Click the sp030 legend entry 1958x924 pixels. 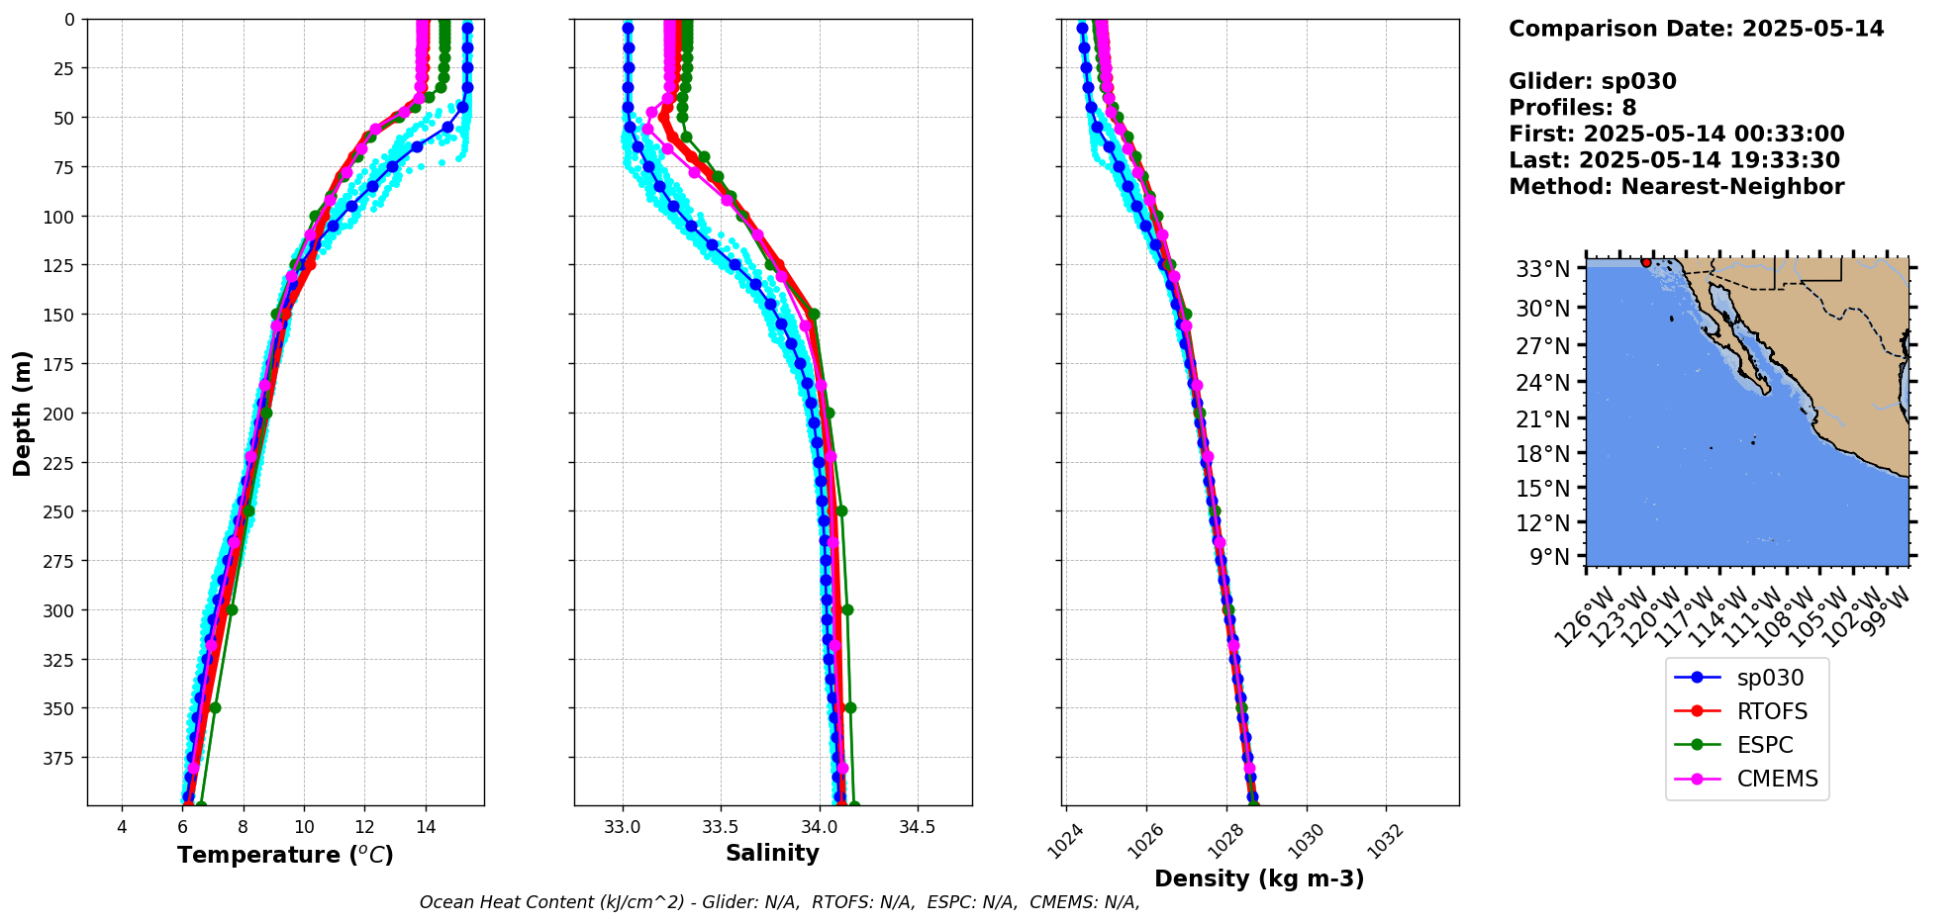(x=1769, y=678)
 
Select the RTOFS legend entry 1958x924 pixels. (x=1771, y=711)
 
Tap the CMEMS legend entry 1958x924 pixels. (x=1777, y=779)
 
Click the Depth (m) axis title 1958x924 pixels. (x=22, y=413)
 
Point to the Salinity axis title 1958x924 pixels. (x=772, y=854)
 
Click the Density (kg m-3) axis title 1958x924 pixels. (x=1259, y=878)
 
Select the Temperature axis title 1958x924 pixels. (x=285, y=855)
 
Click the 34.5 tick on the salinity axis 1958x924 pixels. (x=917, y=827)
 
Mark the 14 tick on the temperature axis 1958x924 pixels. (x=426, y=827)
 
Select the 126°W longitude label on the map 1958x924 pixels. (x=1579, y=619)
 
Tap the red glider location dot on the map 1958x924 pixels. (x=1646, y=262)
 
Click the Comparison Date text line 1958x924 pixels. (x=1696, y=29)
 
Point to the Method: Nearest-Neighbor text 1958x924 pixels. (x=1676, y=187)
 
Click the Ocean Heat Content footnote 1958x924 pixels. (x=779, y=902)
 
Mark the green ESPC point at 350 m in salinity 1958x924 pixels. (x=850, y=707)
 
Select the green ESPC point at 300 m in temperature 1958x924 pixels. (x=232, y=609)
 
